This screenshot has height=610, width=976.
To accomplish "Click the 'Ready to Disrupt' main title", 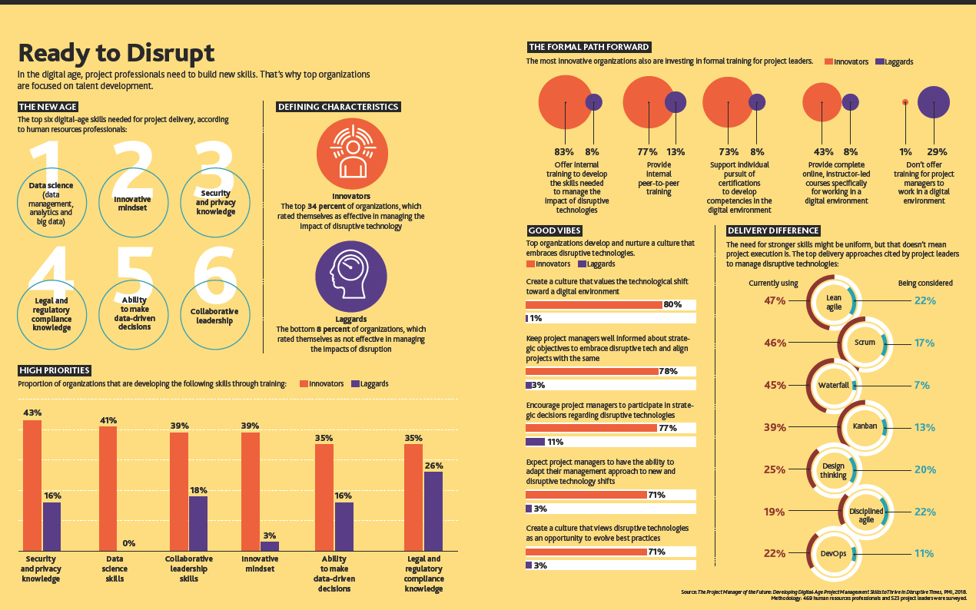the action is pyautogui.click(x=116, y=53).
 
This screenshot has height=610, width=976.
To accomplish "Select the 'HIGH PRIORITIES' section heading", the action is pyautogui.click(x=55, y=370).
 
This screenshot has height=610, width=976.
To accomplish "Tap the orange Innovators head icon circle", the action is pyautogui.click(x=352, y=154).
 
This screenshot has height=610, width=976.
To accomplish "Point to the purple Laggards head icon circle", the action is pyautogui.click(x=350, y=277).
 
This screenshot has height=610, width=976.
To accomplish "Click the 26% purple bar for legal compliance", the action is pyautogui.click(x=433, y=511).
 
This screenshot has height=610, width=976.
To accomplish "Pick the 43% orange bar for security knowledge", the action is pyautogui.click(x=32, y=486).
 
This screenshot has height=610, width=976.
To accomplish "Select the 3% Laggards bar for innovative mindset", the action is pyautogui.click(x=269, y=546).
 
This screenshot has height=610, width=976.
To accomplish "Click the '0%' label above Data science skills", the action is pyautogui.click(x=128, y=543).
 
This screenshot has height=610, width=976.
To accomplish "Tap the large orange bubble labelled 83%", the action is pyautogui.click(x=565, y=102).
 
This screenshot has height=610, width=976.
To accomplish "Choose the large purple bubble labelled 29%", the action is pyautogui.click(x=933, y=102).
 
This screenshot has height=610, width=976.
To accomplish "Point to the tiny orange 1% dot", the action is pyautogui.click(x=905, y=102).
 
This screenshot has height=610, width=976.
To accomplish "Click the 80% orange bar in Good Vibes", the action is pyautogui.click(x=594, y=304).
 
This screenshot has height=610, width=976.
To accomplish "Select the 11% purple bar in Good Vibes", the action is pyautogui.click(x=535, y=442).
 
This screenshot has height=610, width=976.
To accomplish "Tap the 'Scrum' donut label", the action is pyautogui.click(x=865, y=343).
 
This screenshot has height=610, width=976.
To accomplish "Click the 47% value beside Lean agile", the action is pyautogui.click(x=775, y=300).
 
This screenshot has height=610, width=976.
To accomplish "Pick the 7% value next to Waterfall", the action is pyautogui.click(x=921, y=385).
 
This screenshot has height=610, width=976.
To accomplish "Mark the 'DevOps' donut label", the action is pyautogui.click(x=833, y=553).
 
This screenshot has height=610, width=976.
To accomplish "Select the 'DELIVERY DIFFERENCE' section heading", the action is pyautogui.click(x=773, y=230).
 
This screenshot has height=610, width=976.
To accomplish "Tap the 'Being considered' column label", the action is pyautogui.click(x=925, y=283).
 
